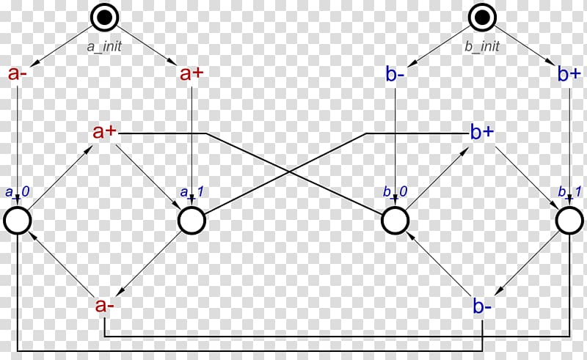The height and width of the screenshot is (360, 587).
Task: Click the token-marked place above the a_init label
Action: point(104,17)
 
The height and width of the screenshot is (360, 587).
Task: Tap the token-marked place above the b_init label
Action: point(482,17)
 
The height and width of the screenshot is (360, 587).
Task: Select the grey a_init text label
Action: point(104,46)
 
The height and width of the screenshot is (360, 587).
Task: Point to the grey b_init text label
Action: point(482,46)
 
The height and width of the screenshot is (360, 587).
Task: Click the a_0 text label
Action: point(17,192)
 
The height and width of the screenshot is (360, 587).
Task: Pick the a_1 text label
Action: point(192,192)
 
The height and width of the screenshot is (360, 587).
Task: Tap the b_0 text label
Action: point(395,192)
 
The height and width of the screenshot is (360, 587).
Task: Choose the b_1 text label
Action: point(569,192)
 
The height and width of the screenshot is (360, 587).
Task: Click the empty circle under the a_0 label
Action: point(17,221)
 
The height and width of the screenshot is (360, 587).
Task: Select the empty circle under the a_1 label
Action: point(192,221)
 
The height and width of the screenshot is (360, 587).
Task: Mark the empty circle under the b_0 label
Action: point(395,221)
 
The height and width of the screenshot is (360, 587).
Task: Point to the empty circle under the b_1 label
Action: point(569,221)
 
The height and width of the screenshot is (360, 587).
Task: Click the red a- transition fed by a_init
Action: point(18,73)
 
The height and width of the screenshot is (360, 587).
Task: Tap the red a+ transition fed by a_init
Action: point(192,73)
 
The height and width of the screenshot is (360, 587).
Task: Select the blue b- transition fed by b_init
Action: point(395,74)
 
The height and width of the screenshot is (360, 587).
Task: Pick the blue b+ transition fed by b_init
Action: point(569,74)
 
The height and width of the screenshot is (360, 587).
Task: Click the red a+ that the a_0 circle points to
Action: point(105,132)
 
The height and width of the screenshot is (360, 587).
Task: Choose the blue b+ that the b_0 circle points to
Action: point(482,132)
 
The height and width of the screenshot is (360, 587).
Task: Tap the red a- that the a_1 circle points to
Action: point(105,305)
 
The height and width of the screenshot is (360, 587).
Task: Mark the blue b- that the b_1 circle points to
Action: point(482,306)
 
